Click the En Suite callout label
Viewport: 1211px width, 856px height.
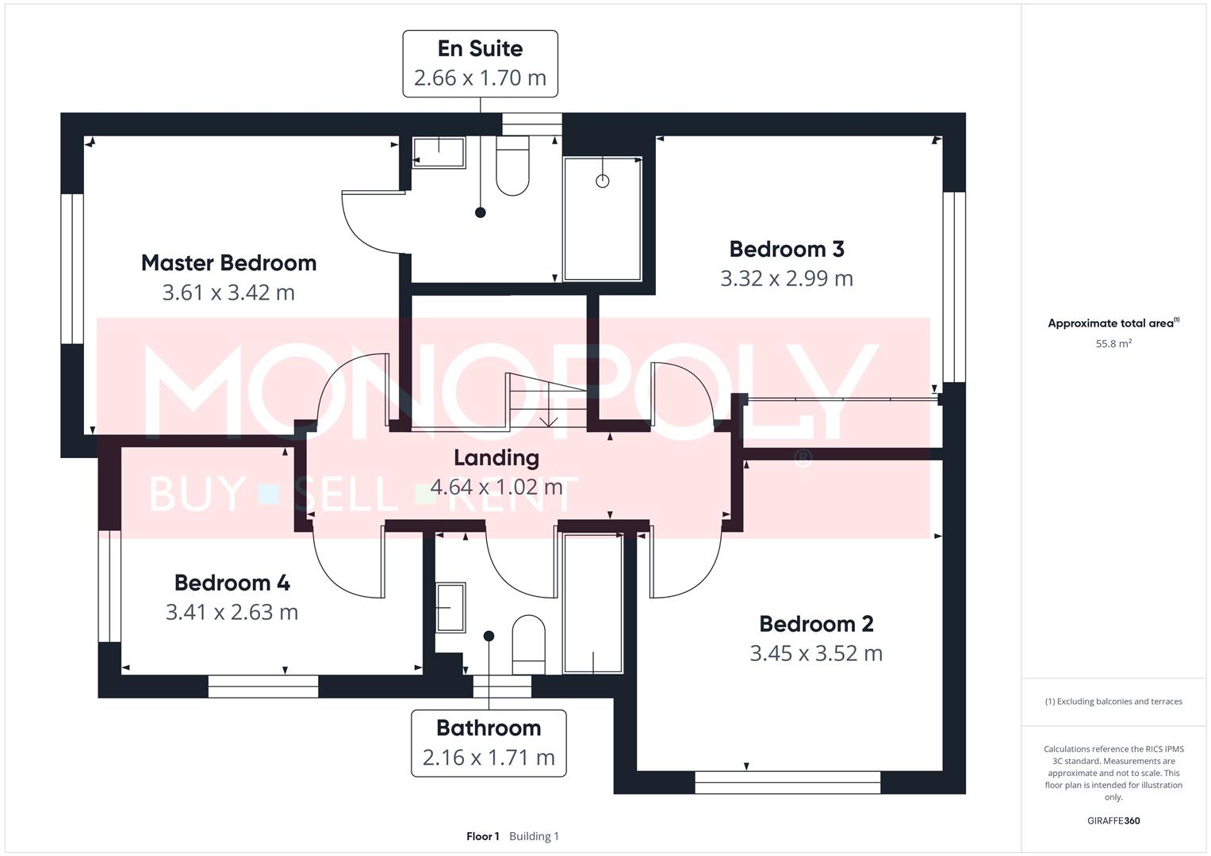tap(480, 63)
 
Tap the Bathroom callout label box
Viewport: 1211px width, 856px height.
tap(489, 743)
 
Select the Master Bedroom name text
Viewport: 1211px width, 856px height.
tap(228, 263)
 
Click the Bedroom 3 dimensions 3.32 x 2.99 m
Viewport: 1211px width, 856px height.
tap(786, 279)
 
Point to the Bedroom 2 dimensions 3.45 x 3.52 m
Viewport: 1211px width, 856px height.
tap(816, 654)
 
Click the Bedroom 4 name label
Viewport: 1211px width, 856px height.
tap(232, 583)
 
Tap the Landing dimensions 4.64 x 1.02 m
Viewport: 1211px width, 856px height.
tap(496, 486)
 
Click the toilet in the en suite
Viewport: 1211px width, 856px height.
tap(512, 166)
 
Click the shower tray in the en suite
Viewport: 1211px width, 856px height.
tap(602, 218)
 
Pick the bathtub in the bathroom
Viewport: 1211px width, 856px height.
tap(592, 603)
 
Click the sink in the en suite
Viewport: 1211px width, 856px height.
tap(439, 152)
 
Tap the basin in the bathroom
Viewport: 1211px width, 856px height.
tap(450, 607)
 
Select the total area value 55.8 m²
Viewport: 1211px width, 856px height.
tap(1113, 344)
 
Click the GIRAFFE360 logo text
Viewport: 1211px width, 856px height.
tap(1113, 820)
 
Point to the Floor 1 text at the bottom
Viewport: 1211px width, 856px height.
tap(482, 836)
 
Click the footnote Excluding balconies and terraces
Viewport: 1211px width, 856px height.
tap(1113, 701)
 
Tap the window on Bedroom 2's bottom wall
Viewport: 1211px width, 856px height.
tap(787, 782)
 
